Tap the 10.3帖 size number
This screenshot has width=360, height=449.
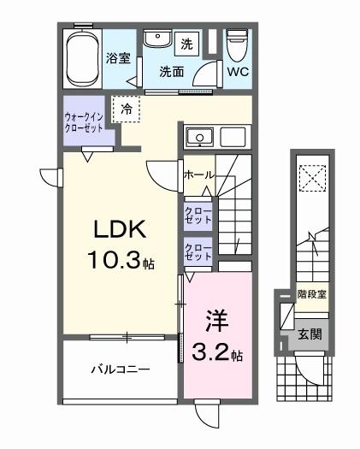pos(122,260)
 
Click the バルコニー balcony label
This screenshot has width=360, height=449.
pos(121,370)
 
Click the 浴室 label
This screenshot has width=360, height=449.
pos(118,58)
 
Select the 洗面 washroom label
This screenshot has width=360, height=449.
pos(172,72)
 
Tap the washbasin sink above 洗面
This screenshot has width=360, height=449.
pos(156,40)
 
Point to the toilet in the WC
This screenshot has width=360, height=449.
pos(238,41)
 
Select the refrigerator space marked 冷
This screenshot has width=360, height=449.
pos(127,109)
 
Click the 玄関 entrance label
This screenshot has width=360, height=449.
pos(310,334)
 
